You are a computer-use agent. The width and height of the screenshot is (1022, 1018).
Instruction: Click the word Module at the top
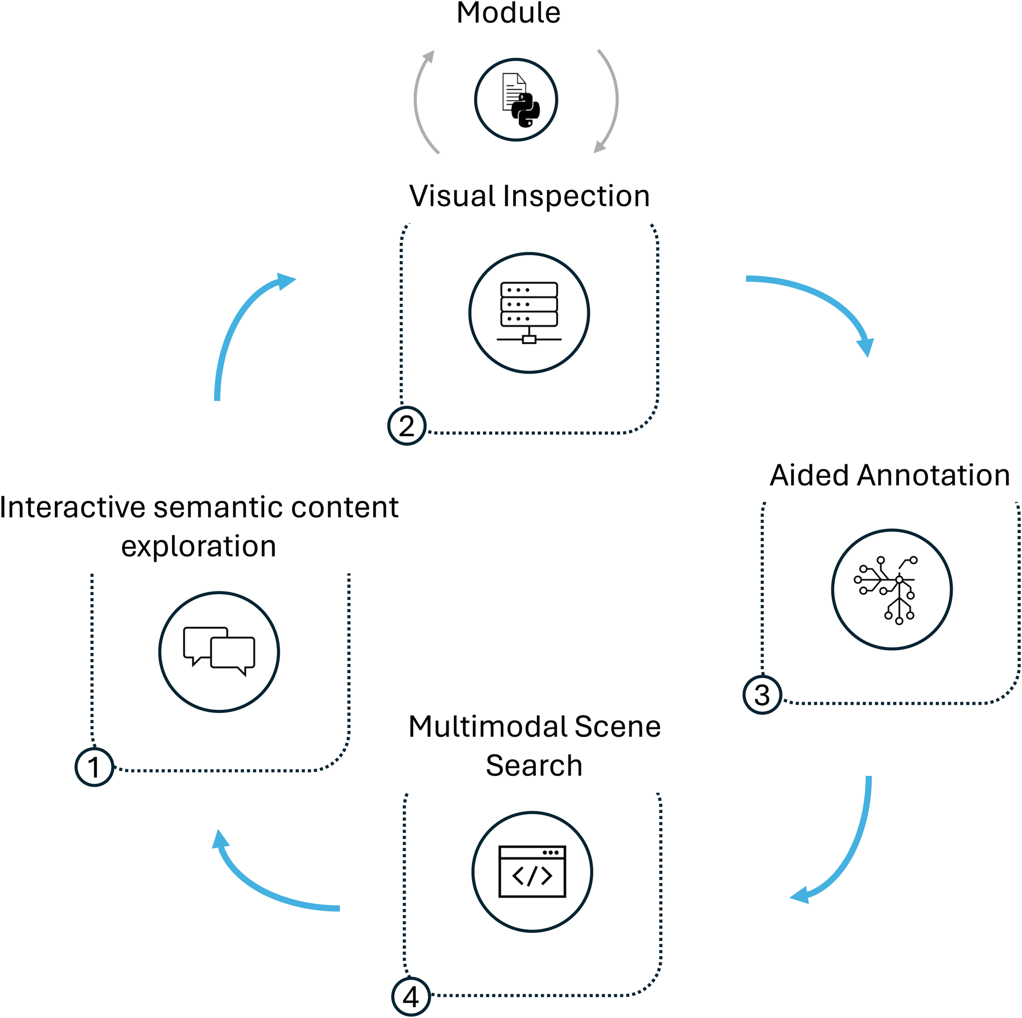pyautogui.click(x=508, y=13)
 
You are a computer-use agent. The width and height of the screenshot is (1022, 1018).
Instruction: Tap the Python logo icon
pyautogui.click(x=524, y=110)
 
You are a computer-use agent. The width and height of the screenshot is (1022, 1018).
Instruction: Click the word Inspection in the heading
pyautogui.click(x=576, y=196)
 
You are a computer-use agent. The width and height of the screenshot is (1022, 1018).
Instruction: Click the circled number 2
pyautogui.click(x=407, y=426)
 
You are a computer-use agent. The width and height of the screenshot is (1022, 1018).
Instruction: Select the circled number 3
pyautogui.click(x=762, y=695)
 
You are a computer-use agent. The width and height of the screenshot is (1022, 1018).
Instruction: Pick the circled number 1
pyautogui.click(x=94, y=767)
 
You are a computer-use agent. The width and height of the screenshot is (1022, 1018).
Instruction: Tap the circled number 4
pyautogui.click(x=410, y=997)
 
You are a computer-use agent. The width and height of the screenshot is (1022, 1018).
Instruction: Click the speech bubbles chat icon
pyautogui.click(x=219, y=651)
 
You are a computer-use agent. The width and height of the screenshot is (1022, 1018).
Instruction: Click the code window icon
pyautogui.click(x=532, y=872)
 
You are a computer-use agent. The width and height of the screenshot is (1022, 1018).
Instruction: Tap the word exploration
pyautogui.click(x=198, y=547)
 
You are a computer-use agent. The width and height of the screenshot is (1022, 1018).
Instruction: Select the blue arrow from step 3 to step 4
pyautogui.click(x=850, y=850)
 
